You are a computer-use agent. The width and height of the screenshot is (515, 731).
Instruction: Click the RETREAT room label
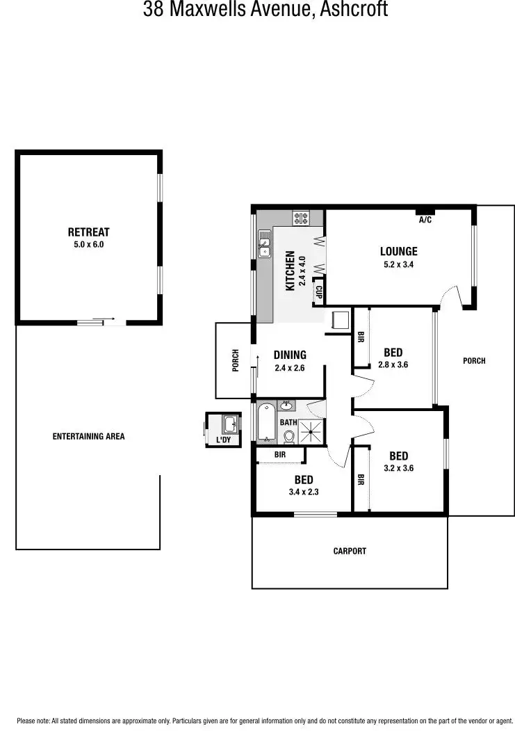[x=88, y=232]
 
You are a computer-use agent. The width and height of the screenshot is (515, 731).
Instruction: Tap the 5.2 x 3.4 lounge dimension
[x=398, y=264]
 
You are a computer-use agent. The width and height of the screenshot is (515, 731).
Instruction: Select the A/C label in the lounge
[x=425, y=220]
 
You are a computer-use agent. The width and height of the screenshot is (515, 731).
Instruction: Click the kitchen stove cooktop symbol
[x=301, y=218]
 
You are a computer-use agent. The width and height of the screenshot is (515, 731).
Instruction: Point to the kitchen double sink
[x=265, y=244]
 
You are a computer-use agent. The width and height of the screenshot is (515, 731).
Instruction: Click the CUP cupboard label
[x=319, y=292]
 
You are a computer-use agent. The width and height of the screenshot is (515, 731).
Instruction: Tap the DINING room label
[x=290, y=355]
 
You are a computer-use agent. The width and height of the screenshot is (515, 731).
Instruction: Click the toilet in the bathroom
[x=289, y=436]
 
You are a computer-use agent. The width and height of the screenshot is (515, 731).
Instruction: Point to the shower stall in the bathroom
[x=311, y=431]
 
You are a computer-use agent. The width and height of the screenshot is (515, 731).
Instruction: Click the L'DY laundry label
[x=224, y=440]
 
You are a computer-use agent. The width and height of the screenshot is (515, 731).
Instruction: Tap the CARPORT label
[x=350, y=551]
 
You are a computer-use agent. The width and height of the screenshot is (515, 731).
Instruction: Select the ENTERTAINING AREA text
[x=88, y=437]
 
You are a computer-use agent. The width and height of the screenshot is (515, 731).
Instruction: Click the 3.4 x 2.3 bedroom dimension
[x=304, y=492]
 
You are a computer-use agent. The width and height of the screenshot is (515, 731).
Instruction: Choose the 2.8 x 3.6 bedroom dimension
[x=393, y=364]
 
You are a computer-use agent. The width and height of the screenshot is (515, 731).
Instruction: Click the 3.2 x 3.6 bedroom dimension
[x=398, y=468]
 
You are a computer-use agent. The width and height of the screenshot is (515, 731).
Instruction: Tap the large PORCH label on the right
[x=474, y=360]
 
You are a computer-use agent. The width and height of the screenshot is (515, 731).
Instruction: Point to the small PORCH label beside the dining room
[x=236, y=360]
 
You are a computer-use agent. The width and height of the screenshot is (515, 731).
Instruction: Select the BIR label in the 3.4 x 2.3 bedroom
[x=279, y=454]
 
